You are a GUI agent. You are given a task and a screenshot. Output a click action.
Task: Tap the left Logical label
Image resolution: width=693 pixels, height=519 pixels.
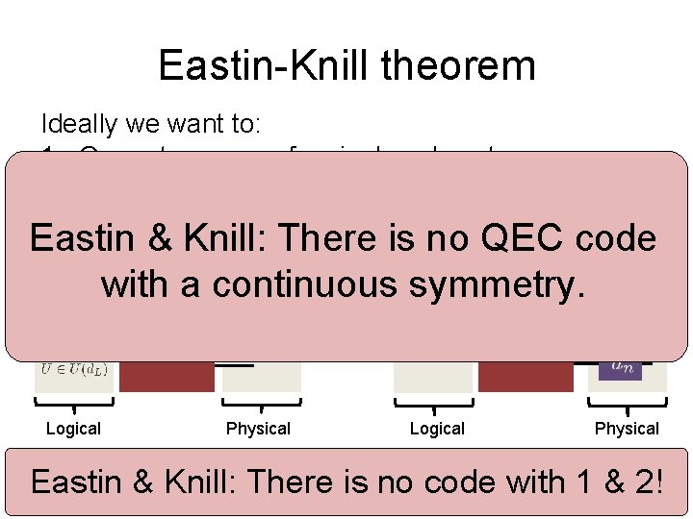[x=73, y=429]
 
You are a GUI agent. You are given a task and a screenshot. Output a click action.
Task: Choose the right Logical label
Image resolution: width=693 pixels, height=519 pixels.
[x=437, y=429]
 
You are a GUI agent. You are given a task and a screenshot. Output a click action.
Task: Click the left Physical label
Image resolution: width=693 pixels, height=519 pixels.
[x=258, y=429]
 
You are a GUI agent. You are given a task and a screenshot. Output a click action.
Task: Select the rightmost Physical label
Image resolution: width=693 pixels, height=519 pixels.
[x=627, y=429]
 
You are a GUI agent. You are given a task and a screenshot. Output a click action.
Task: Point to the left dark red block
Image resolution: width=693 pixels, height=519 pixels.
[x=167, y=376]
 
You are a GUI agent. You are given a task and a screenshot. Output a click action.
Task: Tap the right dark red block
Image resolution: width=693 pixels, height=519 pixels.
[x=526, y=376]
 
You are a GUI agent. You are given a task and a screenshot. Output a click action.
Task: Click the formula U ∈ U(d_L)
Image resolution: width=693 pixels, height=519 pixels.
[x=74, y=367]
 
